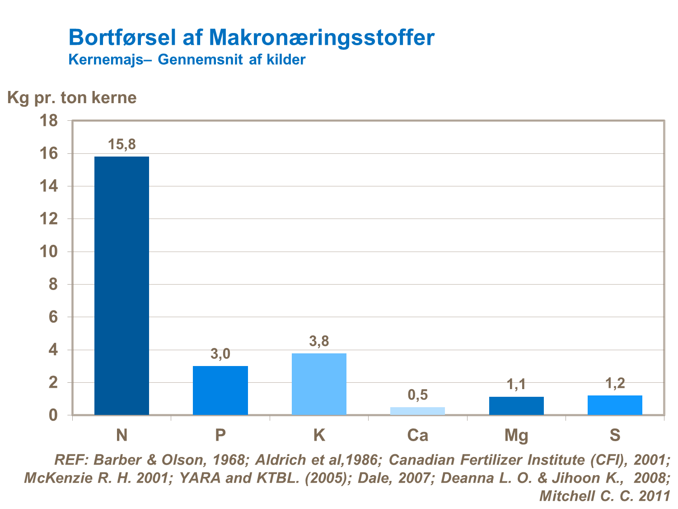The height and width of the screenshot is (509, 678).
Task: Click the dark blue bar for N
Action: tap(122, 285)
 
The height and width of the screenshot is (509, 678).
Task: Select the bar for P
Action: tap(220, 390)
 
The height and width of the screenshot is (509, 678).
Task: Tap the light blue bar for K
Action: tap(319, 384)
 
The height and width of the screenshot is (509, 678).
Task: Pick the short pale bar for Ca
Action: tap(417, 411)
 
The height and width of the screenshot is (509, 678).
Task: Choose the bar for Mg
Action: tap(516, 405)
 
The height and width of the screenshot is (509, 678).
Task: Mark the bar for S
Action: tap(615, 405)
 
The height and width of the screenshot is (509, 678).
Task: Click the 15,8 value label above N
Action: tap(122, 145)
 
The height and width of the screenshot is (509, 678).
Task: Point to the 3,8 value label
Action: tap(319, 342)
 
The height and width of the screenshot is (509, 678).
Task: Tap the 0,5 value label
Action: tap(417, 395)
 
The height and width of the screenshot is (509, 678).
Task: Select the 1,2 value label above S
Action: tap(615, 384)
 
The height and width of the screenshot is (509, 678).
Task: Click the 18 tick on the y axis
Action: tap(49, 121)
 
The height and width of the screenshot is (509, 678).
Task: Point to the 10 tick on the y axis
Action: tap(49, 252)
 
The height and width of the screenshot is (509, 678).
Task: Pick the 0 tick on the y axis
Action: tap(53, 415)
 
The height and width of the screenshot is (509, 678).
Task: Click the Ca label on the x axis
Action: tap(417, 435)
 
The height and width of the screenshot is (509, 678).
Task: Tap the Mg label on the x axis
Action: tap(516, 435)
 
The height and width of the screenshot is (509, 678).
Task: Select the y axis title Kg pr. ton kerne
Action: tap(72, 98)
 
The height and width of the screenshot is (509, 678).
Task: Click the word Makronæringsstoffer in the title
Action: tap(322, 38)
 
